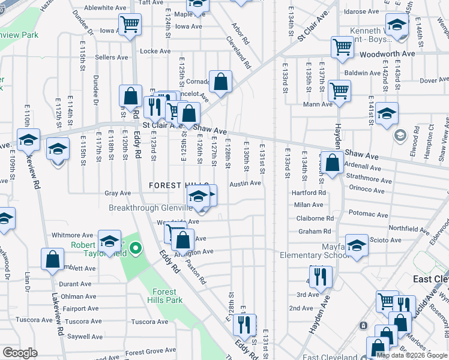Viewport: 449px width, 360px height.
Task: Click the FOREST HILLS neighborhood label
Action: (179, 186)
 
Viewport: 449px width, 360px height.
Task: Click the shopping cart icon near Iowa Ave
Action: (130, 25)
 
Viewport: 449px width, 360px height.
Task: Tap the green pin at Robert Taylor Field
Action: (136, 247)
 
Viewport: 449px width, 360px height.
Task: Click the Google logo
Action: (20, 353)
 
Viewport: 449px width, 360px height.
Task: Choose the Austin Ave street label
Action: (245, 183)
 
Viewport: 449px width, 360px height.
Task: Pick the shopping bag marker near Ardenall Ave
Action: (331, 162)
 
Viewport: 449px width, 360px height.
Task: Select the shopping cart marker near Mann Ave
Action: (339, 91)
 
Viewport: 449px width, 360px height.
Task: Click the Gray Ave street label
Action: (118, 193)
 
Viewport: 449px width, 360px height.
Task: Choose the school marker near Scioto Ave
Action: (357, 245)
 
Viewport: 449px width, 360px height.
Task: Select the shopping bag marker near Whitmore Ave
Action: (52, 259)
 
